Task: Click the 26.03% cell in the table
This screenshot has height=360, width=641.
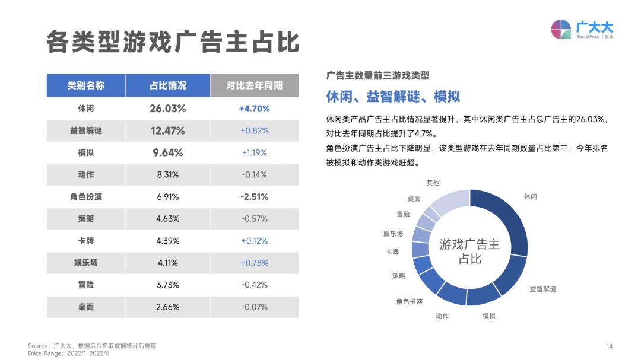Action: click(x=167, y=109)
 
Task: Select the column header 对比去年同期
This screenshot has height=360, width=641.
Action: click(x=254, y=85)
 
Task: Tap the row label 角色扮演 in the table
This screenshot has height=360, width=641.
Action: click(x=85, y=196)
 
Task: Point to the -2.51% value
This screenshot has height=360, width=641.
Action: click(x=254, y=196)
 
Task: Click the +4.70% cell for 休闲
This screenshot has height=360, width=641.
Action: click(x=254, y=109)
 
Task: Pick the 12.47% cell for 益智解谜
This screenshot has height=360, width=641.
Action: click(x=167, y=130)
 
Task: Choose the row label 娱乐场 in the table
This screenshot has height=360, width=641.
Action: click(x=85, y=263)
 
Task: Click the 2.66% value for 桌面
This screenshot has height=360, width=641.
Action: click(x=167, y=307)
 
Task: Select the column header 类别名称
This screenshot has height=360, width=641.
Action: click(x=85, y=85)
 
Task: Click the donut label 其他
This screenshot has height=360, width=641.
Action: click(x=433, y=183)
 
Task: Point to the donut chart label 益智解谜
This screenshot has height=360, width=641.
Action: click(x=542, y=289)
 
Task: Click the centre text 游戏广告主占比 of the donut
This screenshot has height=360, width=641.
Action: click(x=469, y=251)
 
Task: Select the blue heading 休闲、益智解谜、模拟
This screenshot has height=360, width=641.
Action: click(x=393, y=96)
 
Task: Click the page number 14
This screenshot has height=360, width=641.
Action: click(x=609, y=346)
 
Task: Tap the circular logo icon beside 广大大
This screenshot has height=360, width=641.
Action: click(x=561, y=29)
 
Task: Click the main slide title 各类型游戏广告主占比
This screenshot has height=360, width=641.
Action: click(x=173, y=42)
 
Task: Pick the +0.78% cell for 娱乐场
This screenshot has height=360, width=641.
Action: click(x=254, y=263)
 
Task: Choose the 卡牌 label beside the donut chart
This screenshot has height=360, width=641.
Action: click(x=392, y=251)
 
